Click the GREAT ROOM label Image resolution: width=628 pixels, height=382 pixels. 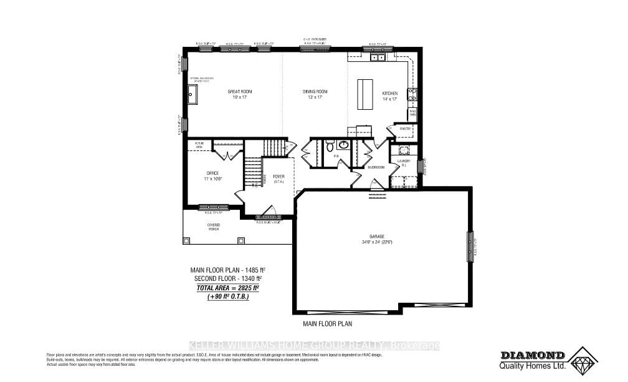(x=240, y=92)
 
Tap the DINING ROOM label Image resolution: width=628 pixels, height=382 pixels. (x=315, y=92)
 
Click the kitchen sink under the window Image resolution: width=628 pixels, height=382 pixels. (x=377, y=57)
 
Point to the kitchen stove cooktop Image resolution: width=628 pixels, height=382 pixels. (x=412, y=94)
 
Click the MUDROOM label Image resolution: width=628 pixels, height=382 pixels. (x=374, y=167)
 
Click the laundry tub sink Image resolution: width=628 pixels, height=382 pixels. (x=402, y=150)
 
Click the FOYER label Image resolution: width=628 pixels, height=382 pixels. (x=278, y=177)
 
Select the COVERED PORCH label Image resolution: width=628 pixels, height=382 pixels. (x=214, y=227)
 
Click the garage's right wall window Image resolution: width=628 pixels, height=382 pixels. (x=470, y=247)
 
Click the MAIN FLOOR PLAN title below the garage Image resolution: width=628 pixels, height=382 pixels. (x=328, y=324)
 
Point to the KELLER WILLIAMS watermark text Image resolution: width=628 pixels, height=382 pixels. (x=314, y=346)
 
